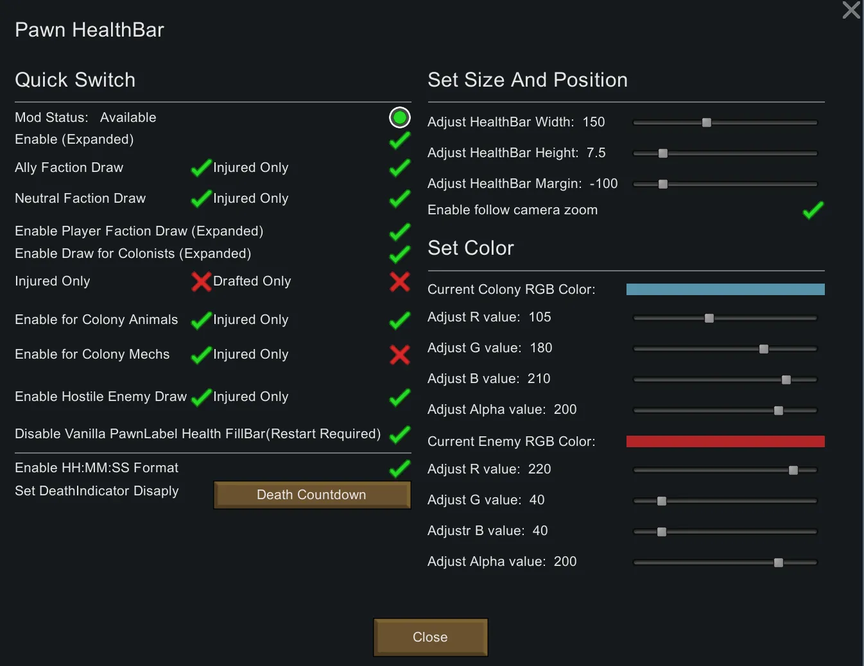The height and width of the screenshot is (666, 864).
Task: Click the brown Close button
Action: [x=430, y=637]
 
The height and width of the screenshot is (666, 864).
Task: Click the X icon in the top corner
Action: [x=851, y=10]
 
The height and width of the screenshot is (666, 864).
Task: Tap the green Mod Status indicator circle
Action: [x=400, y=117]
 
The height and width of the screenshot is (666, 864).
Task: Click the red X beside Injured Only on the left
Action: [x=201, y=281]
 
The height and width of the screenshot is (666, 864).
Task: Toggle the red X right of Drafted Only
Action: [x=400, y=281]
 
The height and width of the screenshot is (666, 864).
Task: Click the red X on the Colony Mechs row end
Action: [x=400, y=354]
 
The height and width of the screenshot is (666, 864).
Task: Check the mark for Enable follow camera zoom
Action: [x=813, y=210]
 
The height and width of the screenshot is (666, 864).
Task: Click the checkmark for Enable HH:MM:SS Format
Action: [x=400, y=468]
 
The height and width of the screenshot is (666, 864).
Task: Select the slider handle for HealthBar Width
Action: [x=707, y=123]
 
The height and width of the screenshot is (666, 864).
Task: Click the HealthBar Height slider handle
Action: [x=663, y=153]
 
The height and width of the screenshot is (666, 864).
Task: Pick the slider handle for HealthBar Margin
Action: [x=663, y=184]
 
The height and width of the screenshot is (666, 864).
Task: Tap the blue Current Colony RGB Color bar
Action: [x=725, y=289]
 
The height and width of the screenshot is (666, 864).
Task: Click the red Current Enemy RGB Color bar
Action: [x=725, y=441]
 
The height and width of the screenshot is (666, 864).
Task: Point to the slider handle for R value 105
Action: [x=709, y=318]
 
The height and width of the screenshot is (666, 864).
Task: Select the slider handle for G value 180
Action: [x=764, y=349]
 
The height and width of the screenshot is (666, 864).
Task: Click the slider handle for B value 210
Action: [x=786, y=380]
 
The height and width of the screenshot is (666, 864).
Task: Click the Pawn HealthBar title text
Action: [x=89, y=30]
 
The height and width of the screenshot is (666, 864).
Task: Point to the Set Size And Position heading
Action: [x=527, y=80]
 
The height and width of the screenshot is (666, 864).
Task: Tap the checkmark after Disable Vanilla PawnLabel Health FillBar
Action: [x=400, y=434]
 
